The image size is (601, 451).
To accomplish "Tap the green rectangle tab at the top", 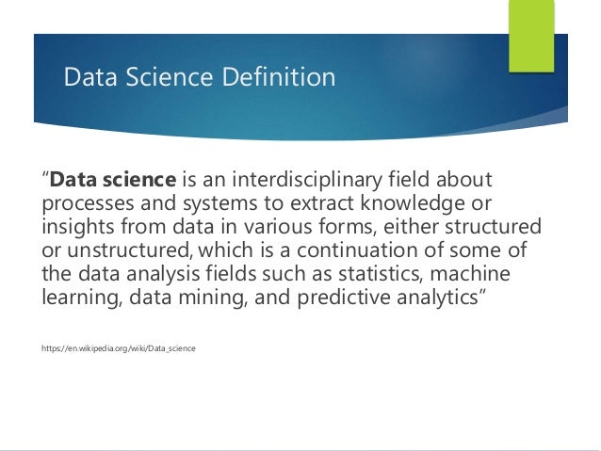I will [x=531, y=35].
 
